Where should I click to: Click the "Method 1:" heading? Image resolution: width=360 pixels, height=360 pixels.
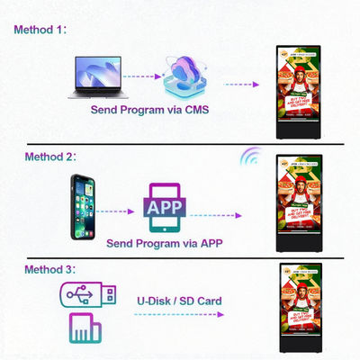(40, 30)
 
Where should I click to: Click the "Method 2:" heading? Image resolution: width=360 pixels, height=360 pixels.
(40, 157)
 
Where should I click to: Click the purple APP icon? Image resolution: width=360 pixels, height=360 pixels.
(166, 207)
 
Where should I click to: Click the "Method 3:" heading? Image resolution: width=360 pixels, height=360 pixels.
(40, 270)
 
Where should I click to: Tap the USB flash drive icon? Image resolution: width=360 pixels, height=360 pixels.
(86, 294)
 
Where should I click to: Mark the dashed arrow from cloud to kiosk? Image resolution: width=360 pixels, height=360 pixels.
(238, 83)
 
